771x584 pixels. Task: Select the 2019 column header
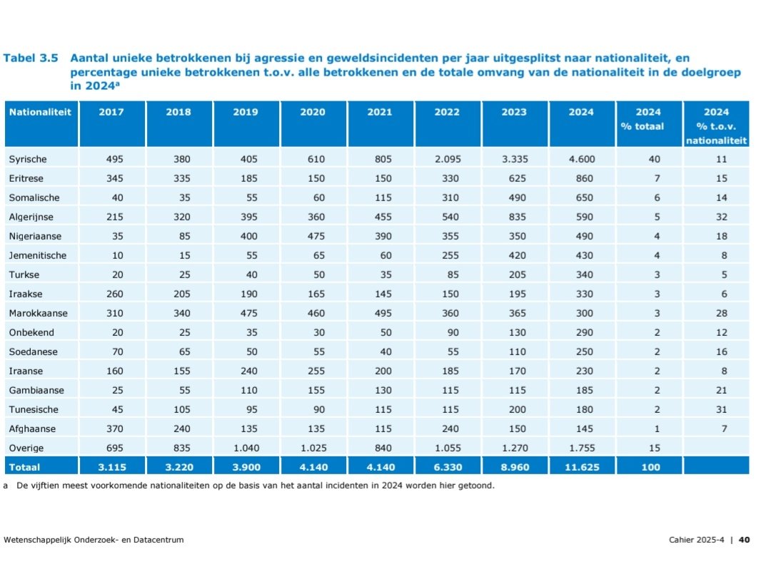point(245,112)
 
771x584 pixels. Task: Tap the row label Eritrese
point(27,178)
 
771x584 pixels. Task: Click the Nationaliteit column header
point(40,112)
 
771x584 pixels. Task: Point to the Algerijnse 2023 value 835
point(514,217)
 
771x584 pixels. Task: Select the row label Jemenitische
point(37,255)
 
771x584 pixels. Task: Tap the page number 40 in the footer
point(744,540)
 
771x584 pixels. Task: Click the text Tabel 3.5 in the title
point(31,58)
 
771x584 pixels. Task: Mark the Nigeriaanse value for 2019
point(245,236)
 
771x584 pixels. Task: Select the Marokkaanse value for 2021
point(379,313)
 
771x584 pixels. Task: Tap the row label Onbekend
point(31,332)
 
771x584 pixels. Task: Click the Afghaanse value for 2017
point(112,429)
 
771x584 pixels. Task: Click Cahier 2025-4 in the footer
point(695,540)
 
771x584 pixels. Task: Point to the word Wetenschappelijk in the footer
point(38,540)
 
